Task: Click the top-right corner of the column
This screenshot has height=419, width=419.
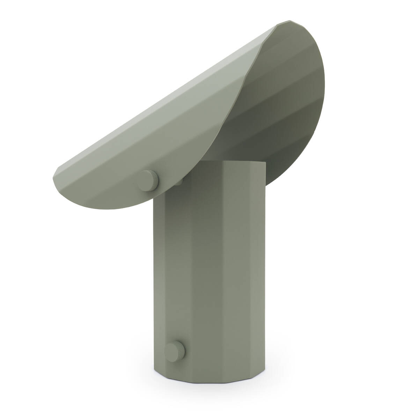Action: pos(266,163)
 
